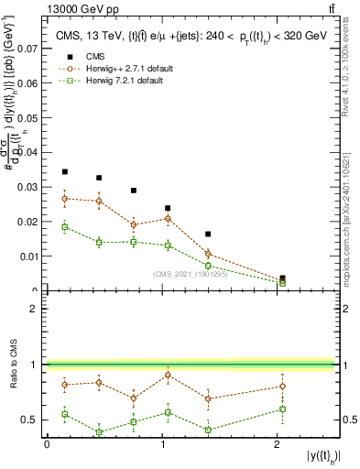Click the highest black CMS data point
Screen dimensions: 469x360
(64, 171)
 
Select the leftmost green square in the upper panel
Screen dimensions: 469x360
(64, 226)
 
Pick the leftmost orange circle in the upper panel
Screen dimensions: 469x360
(64, 198)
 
